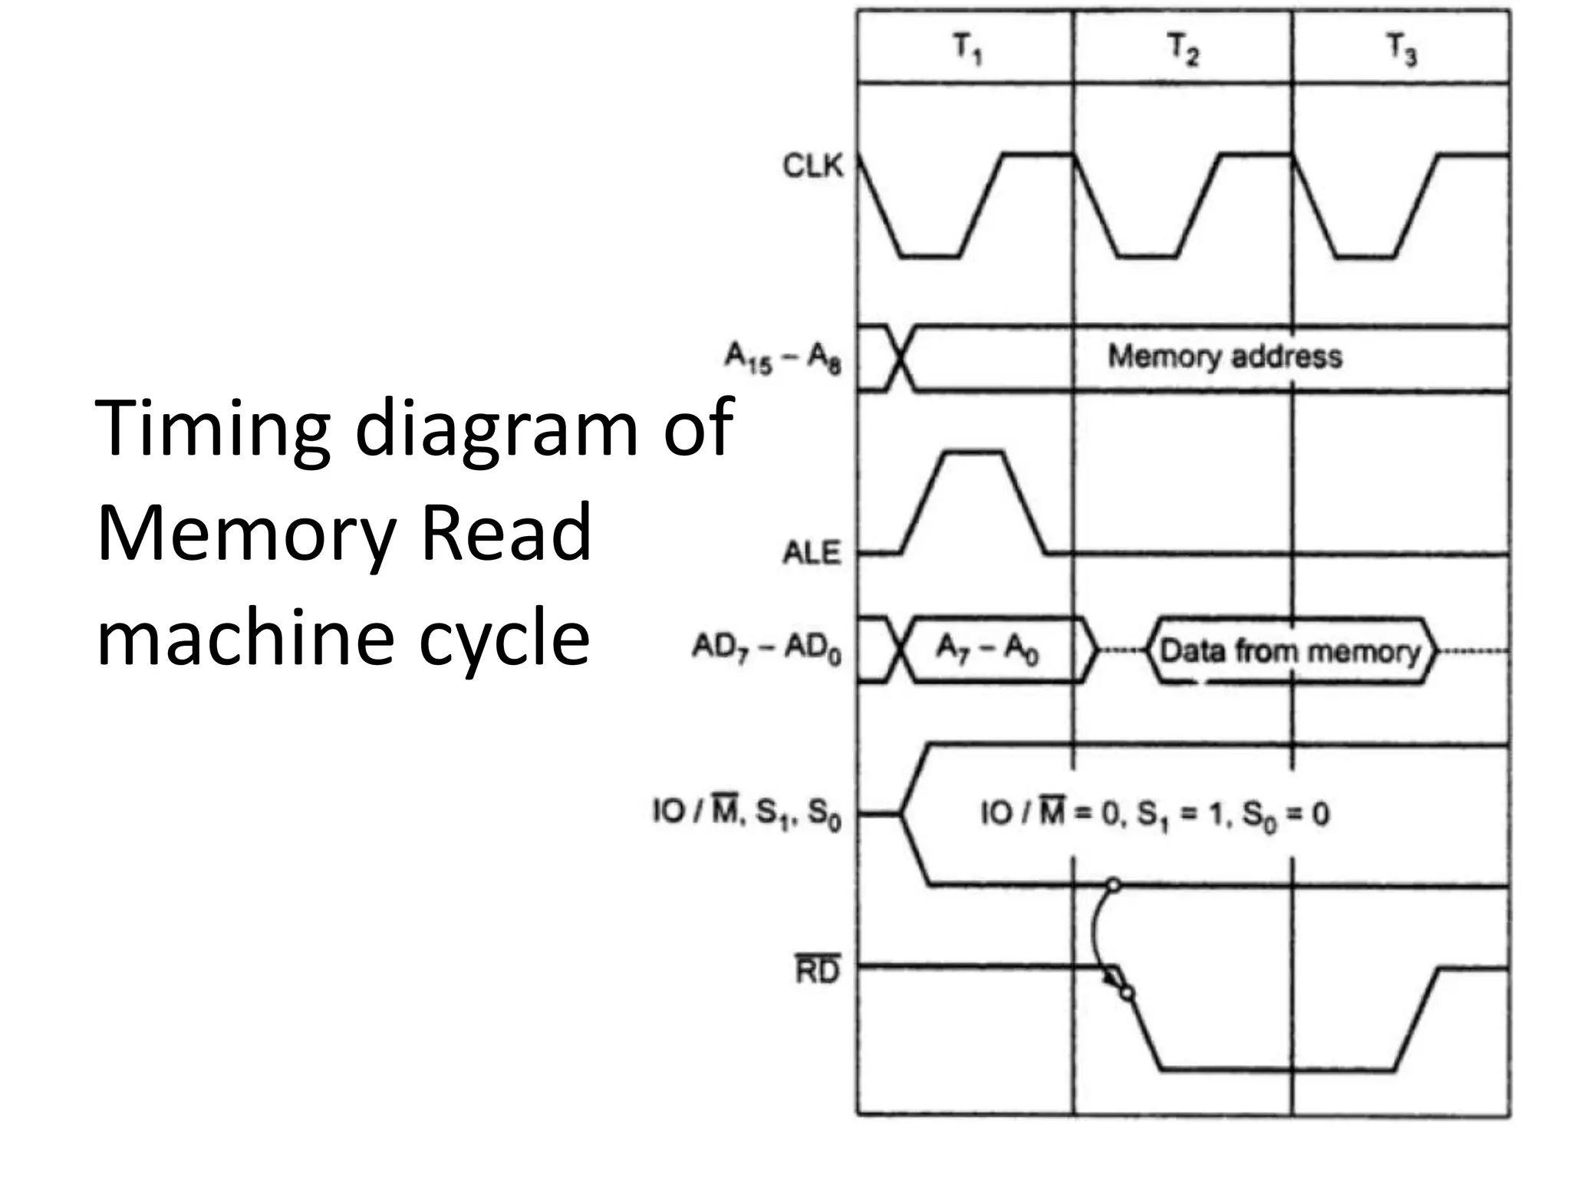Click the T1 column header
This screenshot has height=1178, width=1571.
click(x=967, y=50)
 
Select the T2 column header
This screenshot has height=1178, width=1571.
click(x=1182, y=50)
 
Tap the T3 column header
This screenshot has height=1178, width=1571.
click(x=1401, y=50)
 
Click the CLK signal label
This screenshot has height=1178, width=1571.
click(x=812, y=166)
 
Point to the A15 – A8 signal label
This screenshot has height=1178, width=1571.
click(x=782, y=358)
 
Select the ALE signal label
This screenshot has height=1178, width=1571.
click(x=812, y=553)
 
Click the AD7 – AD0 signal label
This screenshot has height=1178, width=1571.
click(x=766, y=649)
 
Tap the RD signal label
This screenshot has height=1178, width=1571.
click(x=817, y=971)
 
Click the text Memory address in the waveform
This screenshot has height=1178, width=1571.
click(x=1224, y=357)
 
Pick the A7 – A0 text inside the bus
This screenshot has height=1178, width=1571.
click(x=987, y=650)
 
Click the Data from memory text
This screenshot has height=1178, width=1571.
click(x=1290, y=651)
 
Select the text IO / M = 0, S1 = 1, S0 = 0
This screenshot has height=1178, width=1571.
click(x=1154, y=814)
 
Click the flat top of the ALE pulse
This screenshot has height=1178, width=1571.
click(x=974, y=453)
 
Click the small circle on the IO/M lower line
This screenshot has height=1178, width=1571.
click(x=1113, y=886)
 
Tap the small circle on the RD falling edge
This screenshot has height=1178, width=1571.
click(x=1127, y=994)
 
